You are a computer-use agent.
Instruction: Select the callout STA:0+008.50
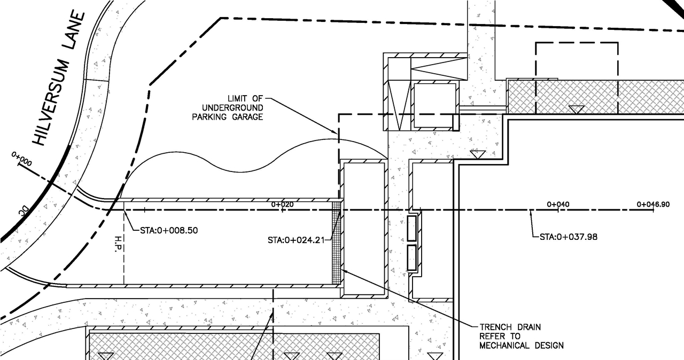[x=161, y=231]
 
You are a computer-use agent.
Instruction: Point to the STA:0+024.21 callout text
[x=296, y=240]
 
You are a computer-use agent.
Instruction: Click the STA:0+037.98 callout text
[x=568, y=236]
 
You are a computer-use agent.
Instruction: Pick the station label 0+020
[x=282, y=204]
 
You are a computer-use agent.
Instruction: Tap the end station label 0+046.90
[x=653, y=204]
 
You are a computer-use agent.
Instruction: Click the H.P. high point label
[x=118, y=244]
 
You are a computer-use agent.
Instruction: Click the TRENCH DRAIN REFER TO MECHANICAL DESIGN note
[x=521, y=336]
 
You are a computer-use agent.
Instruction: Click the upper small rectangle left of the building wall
[x=412, y=228]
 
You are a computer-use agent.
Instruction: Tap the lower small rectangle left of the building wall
[x=412, y=257]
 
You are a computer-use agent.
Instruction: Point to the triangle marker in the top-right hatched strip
[x=576, y=109]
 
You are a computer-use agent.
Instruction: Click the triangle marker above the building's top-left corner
[x=477, y=155]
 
